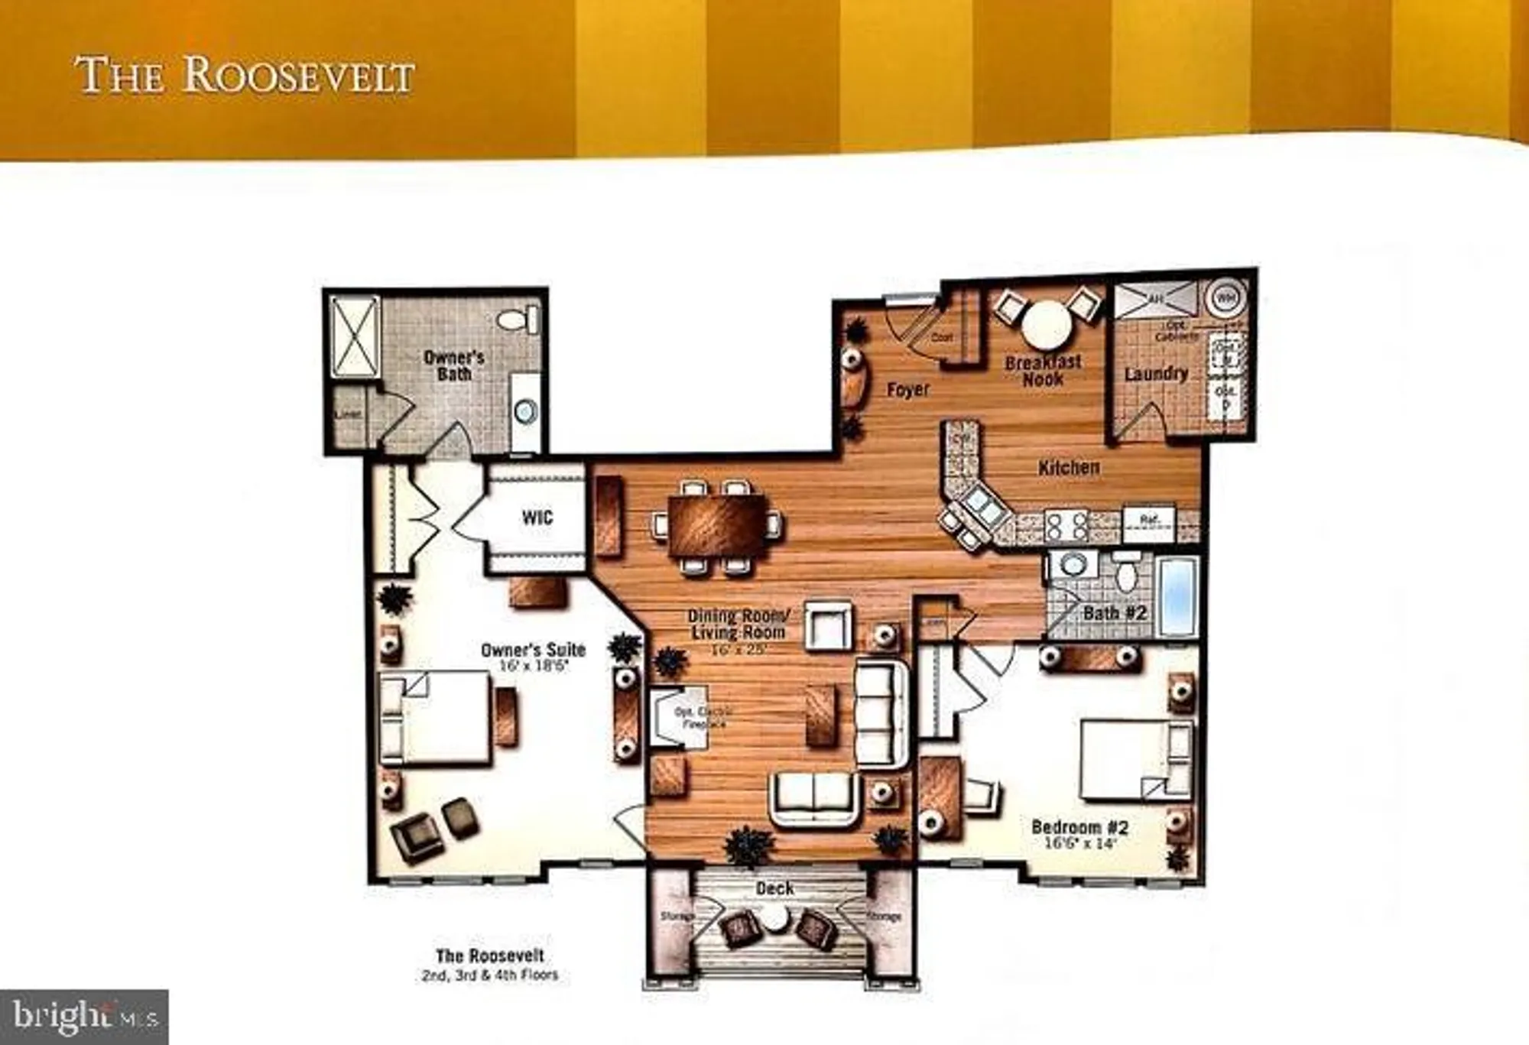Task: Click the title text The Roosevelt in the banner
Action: pos(245,76)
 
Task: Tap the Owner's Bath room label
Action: pos(454,365)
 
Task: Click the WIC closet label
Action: pos(537,518)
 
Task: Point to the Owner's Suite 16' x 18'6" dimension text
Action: pos(533,666)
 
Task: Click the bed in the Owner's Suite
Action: pos(436,717)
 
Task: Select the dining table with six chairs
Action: pos(716,526)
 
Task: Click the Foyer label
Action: pos(907,390)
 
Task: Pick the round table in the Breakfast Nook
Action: pos(1046,324)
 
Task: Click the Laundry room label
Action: pos(1155,374)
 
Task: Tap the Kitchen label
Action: pos(1069,467)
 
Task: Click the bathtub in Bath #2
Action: pos(1177,597)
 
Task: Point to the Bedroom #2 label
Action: pos(1079,827)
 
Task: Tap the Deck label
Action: pos(774,888)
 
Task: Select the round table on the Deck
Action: pos(776,920)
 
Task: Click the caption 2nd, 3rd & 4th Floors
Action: pos(490,975)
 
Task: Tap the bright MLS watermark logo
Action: pos(84,1017)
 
